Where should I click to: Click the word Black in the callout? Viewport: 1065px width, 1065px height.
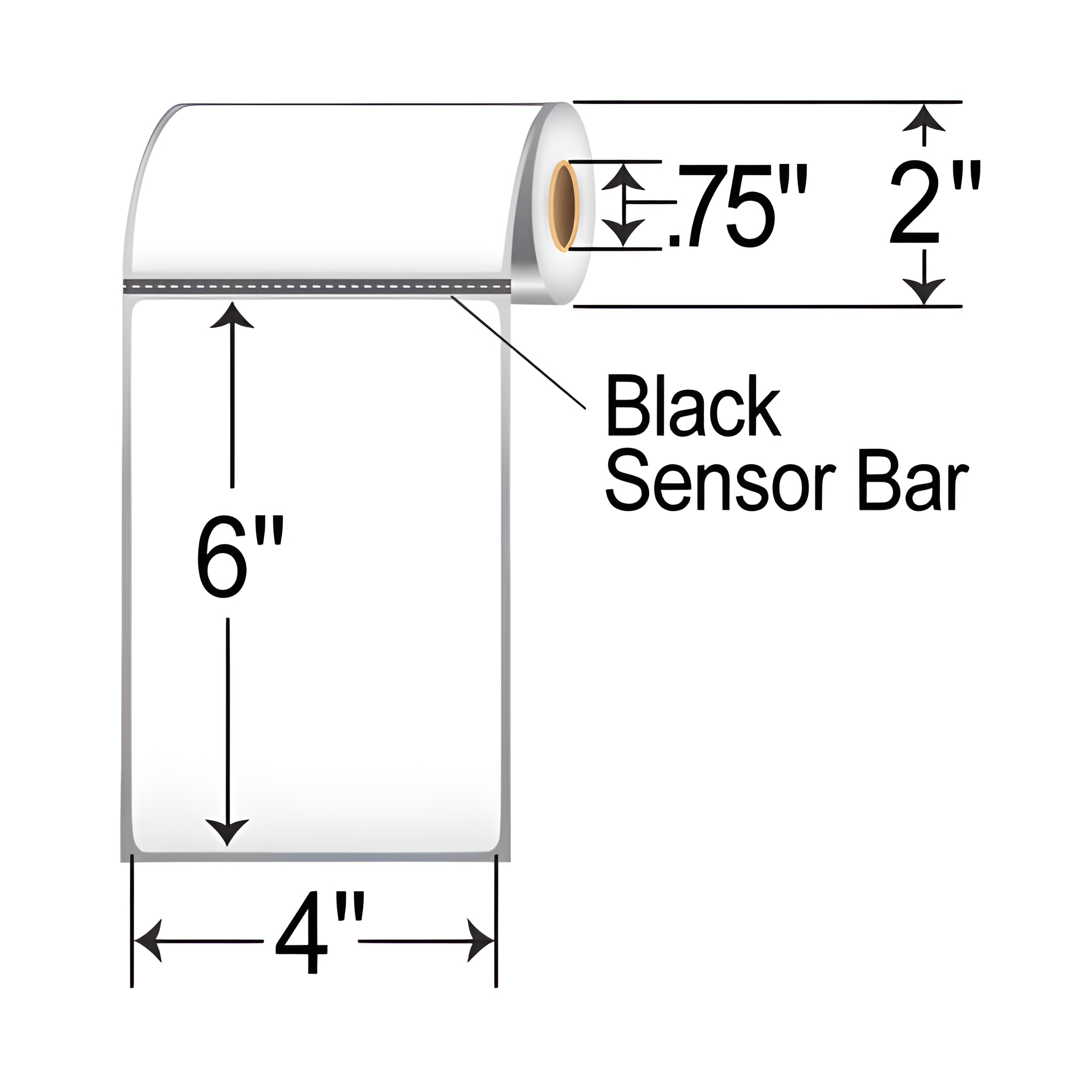[x=693, y=406]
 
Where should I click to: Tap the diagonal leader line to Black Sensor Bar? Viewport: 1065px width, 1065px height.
[x=518, y=353]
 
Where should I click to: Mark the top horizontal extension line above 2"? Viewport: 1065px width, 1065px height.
[x=766, y=102]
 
